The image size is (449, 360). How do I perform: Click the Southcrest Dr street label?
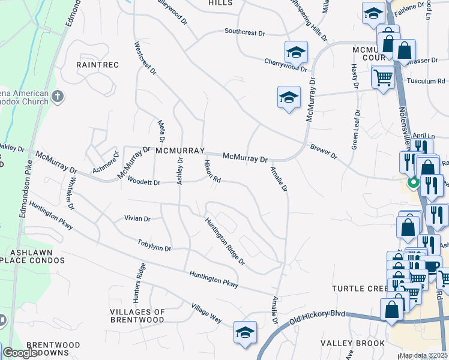[x=244, y=32]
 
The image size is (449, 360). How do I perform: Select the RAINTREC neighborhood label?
[x=97, y=64]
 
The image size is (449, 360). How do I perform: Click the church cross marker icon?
[x=58, y=95]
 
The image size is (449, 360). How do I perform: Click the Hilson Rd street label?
[x=212, y=171]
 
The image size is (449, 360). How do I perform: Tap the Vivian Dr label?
[x=137, y=218]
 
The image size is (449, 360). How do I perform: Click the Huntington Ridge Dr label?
[x=225, y=241]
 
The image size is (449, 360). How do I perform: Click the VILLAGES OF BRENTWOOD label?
[x=137, y=316]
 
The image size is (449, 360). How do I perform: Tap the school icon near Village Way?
[x=245, y=331]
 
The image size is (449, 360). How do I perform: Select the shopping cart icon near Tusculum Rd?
[x=382, y=77]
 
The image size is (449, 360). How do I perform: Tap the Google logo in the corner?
[x=20, y=353]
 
